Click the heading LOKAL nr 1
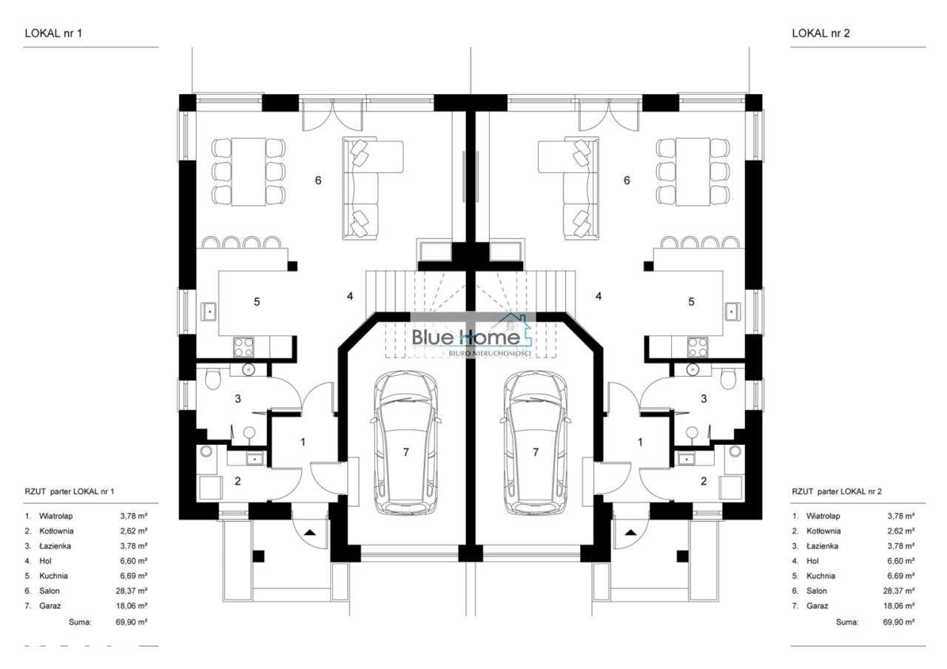(x=53, y=33)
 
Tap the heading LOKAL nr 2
(x=820, y=33)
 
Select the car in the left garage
(x=405, y=443)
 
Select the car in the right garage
(x=535, y=443)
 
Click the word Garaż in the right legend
(x=817, y=606)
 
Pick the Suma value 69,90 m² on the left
(x=132, y=622)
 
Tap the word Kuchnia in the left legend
(x=53, y=576)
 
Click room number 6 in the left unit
(x=318, y=181)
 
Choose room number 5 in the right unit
(x=691, y=302)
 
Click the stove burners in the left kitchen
(x=243, y=347)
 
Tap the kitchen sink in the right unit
(x=732, y=312)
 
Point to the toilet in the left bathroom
(x=212, y=377)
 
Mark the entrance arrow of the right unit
(x=631, y=532)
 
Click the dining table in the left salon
(x=248, y=172)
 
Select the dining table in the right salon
(x=692, y=172)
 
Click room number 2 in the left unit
(x=237, y=481)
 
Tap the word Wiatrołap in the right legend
(x=823, y=516)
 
